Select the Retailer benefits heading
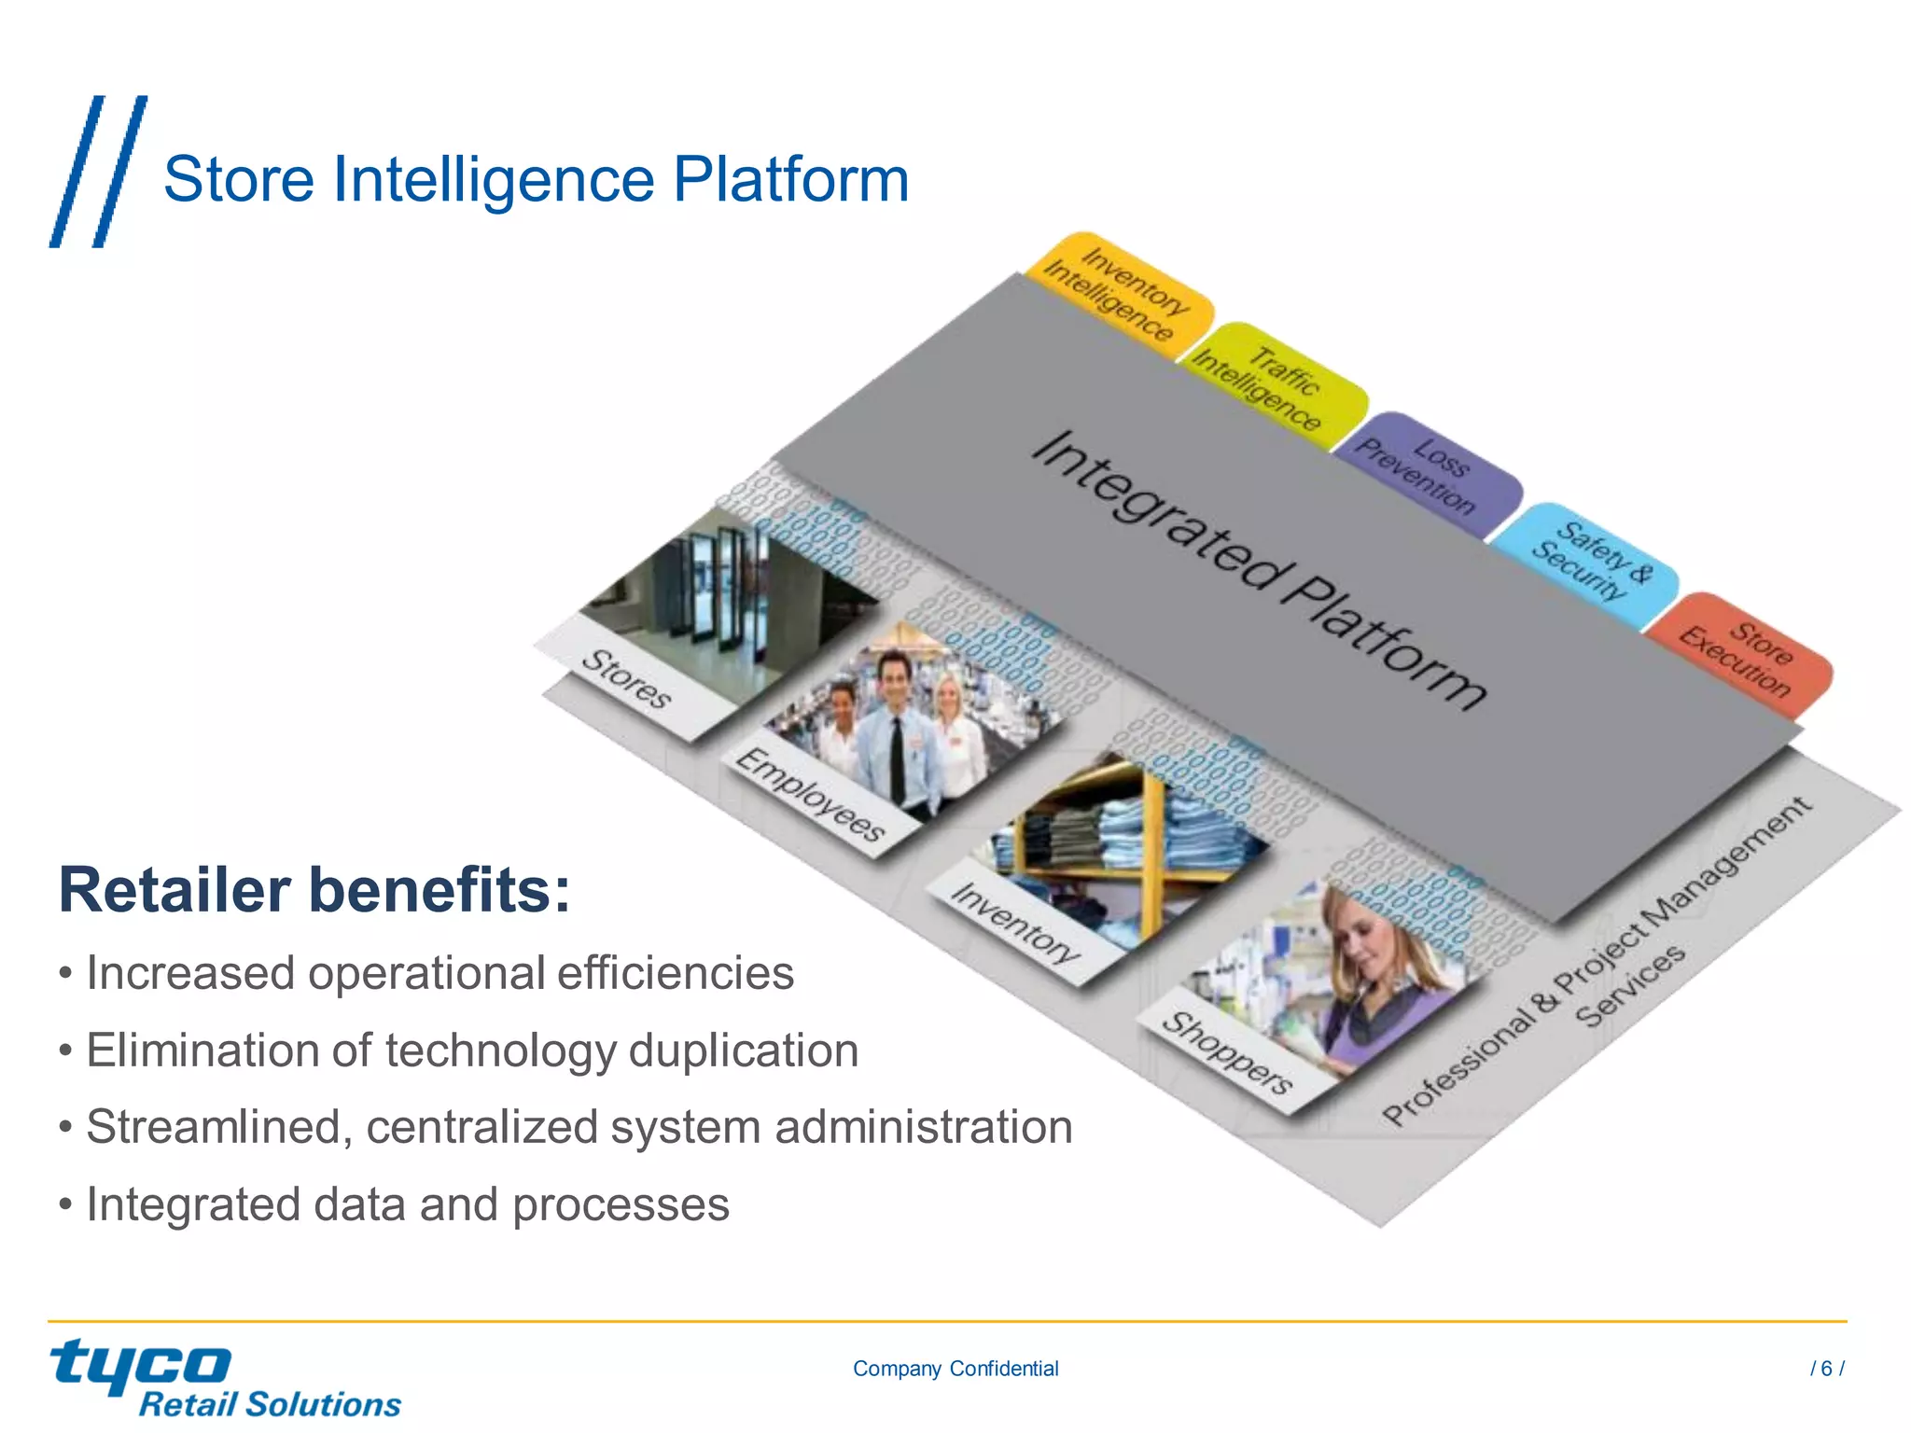(x=314, y=890)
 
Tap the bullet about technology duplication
(x=471, y=1050)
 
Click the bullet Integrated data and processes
(x=407, y=1204)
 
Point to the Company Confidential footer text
(x=955, y=1369)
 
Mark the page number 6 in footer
(x=1826, y=1369)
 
